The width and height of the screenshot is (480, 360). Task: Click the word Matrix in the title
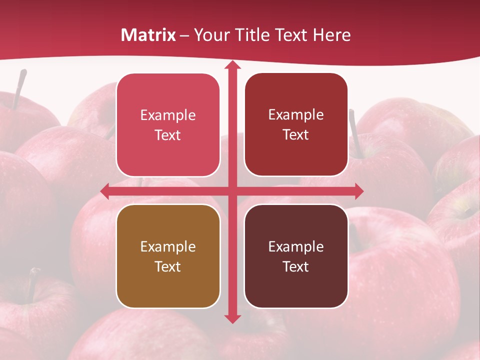(x=148, y=35)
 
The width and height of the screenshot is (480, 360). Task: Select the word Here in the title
(x=332, y=35)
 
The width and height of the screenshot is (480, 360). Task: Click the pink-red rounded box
(x=168, y=125)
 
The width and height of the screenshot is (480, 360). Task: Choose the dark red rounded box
(x=296, y=124)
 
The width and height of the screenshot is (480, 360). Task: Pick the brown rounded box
(x=168, y=256)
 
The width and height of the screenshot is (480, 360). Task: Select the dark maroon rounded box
(x=296, y=256)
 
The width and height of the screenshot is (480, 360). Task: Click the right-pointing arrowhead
(x=358, y=191)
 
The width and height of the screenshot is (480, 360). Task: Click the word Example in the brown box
(x=168, y=246)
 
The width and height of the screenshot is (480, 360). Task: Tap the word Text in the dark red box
(x=296, y=135)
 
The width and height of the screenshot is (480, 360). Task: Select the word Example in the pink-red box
(x=168, y=115)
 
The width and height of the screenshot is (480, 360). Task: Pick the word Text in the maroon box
(x=296, y=266)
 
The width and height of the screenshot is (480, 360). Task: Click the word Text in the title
(x=292, y=35)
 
